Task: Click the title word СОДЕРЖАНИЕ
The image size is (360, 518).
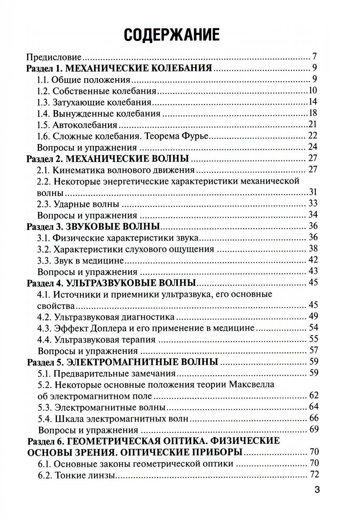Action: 171,35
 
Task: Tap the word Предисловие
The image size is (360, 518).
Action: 54,57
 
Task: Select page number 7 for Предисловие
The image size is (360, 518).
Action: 314,57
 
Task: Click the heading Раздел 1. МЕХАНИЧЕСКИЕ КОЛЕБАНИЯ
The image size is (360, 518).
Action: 119,68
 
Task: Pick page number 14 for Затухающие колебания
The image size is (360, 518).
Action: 312,102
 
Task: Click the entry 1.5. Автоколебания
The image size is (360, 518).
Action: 77,125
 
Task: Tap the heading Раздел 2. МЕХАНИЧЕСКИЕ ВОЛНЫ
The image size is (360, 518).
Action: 108,158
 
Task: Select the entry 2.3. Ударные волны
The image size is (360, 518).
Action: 78,204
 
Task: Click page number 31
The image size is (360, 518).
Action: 313,192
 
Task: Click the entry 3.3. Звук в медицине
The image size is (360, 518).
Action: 81,260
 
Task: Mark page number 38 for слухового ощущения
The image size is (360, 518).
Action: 313,249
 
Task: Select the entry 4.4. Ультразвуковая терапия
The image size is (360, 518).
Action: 96,339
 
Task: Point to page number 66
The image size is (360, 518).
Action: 314,418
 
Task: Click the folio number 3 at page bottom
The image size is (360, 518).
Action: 317,490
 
